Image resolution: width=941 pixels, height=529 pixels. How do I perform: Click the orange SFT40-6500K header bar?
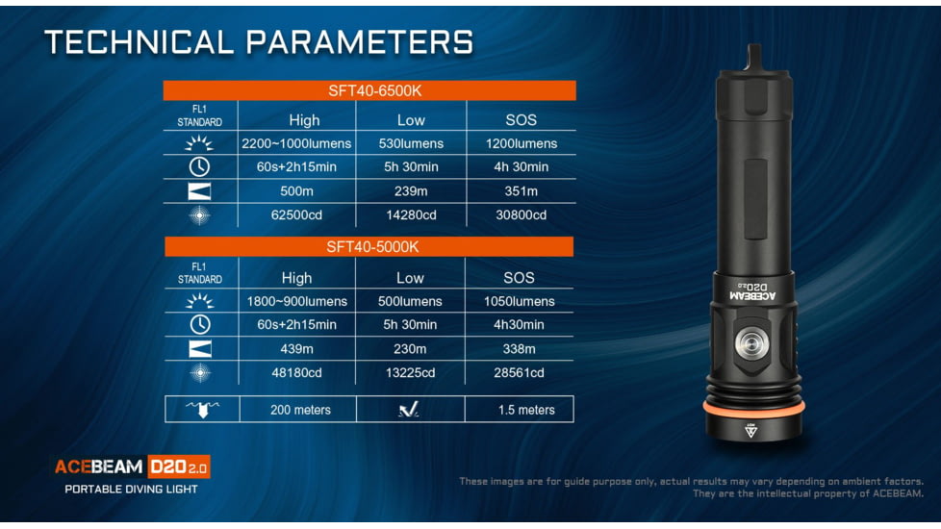coord(369,90)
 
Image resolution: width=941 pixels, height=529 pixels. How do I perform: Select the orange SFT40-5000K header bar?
coord(369,246)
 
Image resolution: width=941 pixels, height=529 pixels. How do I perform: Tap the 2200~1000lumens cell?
coord(296,143)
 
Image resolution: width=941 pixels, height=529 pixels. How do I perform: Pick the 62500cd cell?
coord(296,214)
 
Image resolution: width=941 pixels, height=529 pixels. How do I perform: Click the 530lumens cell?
coord(411,143)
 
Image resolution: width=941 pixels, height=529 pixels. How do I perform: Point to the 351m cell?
coord(521,190)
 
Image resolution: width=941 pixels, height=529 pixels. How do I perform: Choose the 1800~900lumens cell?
coord(297,301)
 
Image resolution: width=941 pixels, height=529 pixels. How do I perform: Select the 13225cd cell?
coord(410,372)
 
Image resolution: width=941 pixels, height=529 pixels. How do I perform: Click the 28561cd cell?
coord(520,372)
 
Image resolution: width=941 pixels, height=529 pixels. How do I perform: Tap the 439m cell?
coord(296,348)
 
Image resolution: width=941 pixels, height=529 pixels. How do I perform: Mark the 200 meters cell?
coord(300,410)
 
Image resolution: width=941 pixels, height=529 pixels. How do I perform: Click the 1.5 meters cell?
coord(526,410)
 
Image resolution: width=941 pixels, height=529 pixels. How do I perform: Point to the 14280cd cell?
coord(411,214)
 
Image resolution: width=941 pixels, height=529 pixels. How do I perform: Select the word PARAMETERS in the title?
coord(360,42)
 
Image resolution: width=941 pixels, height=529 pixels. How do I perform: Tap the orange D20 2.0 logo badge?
coord(179,466)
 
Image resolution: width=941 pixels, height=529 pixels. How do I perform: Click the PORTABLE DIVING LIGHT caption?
coord(132,489)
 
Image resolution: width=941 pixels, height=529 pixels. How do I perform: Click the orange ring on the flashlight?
coord(753,409)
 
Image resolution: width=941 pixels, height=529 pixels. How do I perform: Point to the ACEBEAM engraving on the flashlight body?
coord(752,296)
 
